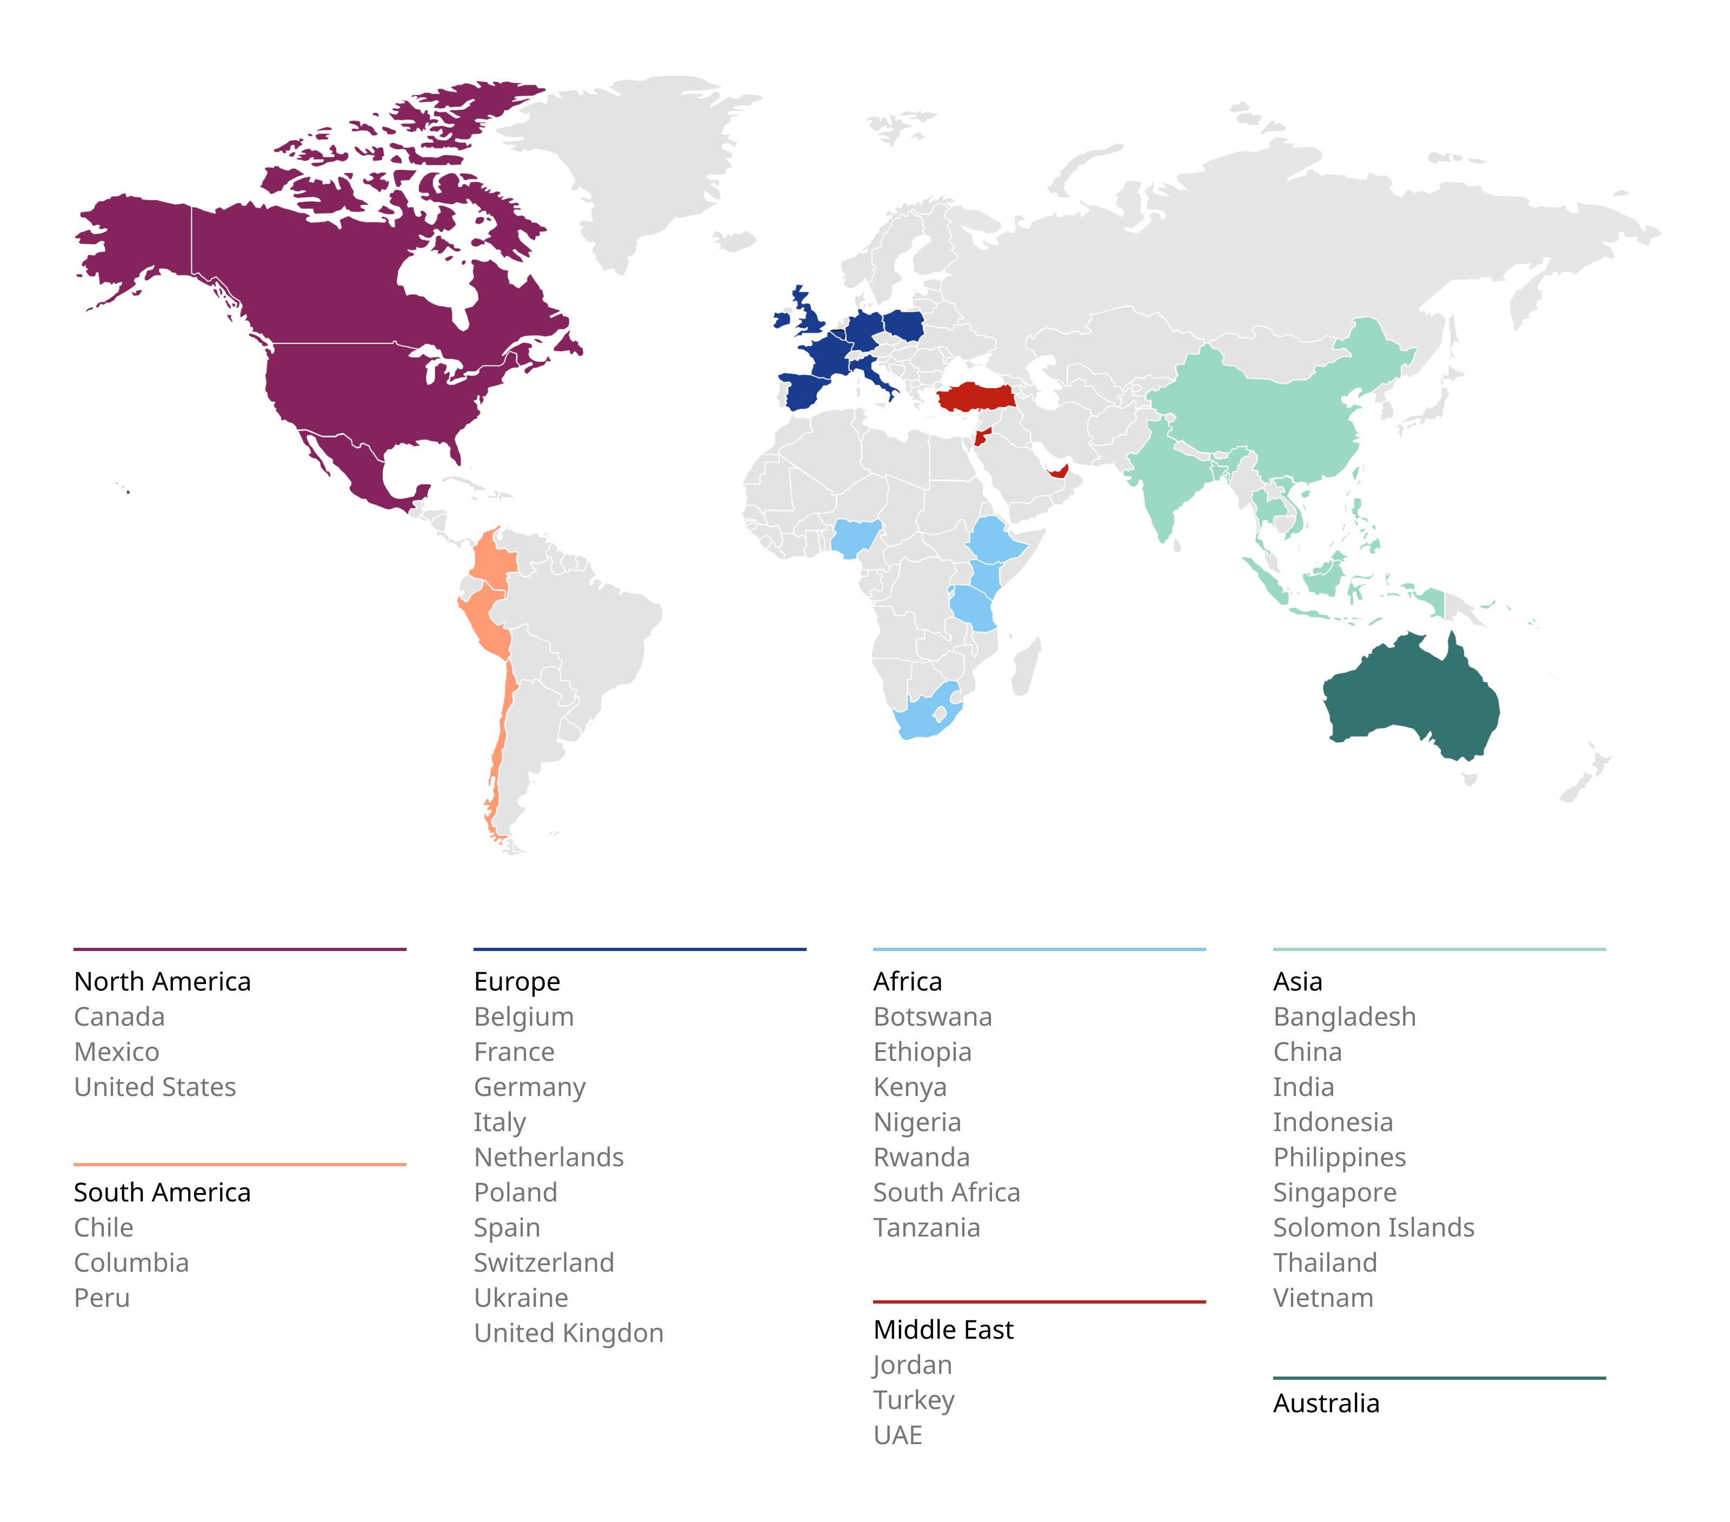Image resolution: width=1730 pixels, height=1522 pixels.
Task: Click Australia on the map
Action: point(1409,699)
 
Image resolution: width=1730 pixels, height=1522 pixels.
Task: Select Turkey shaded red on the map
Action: point(975,396)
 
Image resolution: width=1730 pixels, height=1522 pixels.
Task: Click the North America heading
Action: point(163,981)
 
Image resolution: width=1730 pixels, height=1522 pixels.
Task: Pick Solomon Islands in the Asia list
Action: point(1373,1227)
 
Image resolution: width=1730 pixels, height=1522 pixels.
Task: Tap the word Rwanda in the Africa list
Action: point(921,1157)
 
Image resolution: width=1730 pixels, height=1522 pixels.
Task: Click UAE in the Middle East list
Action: point(897,1435)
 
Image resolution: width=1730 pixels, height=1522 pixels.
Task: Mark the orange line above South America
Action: point(239,1164)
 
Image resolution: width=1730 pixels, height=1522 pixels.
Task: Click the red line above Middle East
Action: point(1039,1301)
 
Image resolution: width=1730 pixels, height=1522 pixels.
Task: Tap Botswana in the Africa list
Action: point(932,1016)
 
